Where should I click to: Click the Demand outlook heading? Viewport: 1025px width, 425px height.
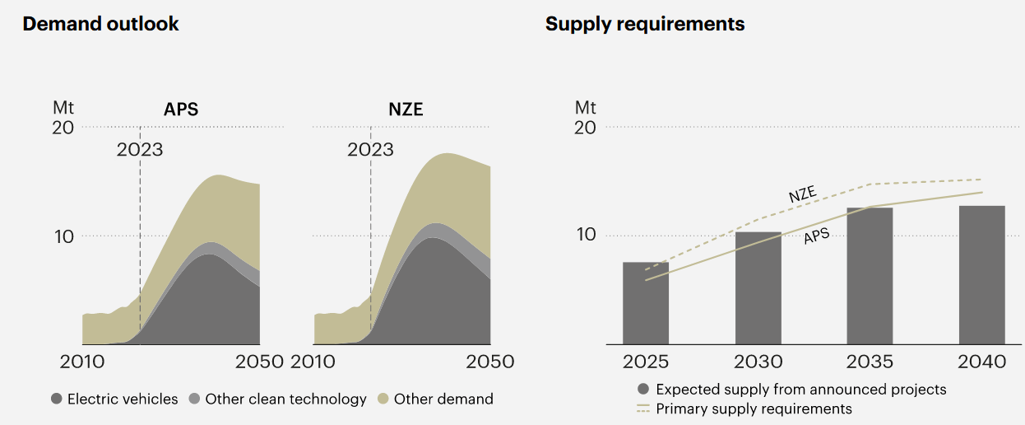coord(100,24)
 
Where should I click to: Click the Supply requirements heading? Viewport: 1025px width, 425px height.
coord(645,24)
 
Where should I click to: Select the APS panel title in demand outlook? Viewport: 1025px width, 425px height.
coord(181,110)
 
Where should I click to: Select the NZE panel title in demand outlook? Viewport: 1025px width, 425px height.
coord(406,110)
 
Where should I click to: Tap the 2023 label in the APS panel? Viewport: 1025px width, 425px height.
coord(140,150)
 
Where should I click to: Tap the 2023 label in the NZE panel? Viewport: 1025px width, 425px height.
coord(370,150)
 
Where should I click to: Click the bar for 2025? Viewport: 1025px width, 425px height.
coord(646,303)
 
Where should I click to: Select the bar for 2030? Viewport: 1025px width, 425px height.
coord(758,288)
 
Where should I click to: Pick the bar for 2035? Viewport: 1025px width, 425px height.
coord(870,276)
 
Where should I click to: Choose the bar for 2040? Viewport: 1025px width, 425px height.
coord(981,275)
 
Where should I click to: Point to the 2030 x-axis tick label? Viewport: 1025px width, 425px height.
coord(758,362)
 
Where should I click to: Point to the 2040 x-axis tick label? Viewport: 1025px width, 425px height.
coord(981,362)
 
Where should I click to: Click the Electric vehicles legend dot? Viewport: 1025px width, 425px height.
coord(57,399)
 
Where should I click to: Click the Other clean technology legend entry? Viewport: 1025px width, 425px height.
coord(277,399)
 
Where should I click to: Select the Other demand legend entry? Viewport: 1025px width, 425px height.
coord(435,399)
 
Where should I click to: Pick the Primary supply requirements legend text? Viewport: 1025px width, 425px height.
coord(754,409)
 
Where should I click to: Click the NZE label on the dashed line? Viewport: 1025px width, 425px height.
coord(802,195)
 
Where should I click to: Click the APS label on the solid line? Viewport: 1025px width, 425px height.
coord(816,236)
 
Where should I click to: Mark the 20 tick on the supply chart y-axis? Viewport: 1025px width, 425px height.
coord(585,128)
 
